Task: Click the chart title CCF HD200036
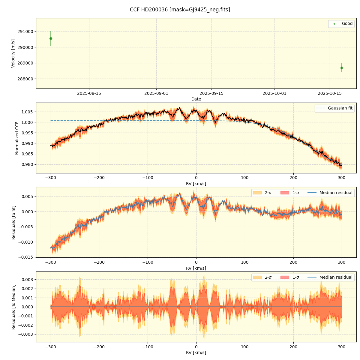click(x=180, y=10)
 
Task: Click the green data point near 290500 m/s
click(x=51, y=38)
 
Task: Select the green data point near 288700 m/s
click(x=342, y=68)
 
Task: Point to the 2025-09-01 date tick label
click(x=156, y=93)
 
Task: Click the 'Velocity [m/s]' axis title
click(x=13, y=53)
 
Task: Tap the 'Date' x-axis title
click(x=196, y=99)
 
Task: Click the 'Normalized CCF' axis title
click(x=17, y=138)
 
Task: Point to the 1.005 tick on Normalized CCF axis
click(x=27, y=112)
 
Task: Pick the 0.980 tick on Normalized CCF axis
click(x=27, y=164)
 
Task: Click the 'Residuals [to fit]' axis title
click(x=13, y=222)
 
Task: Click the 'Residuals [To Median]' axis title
click(x=13, y=307)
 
